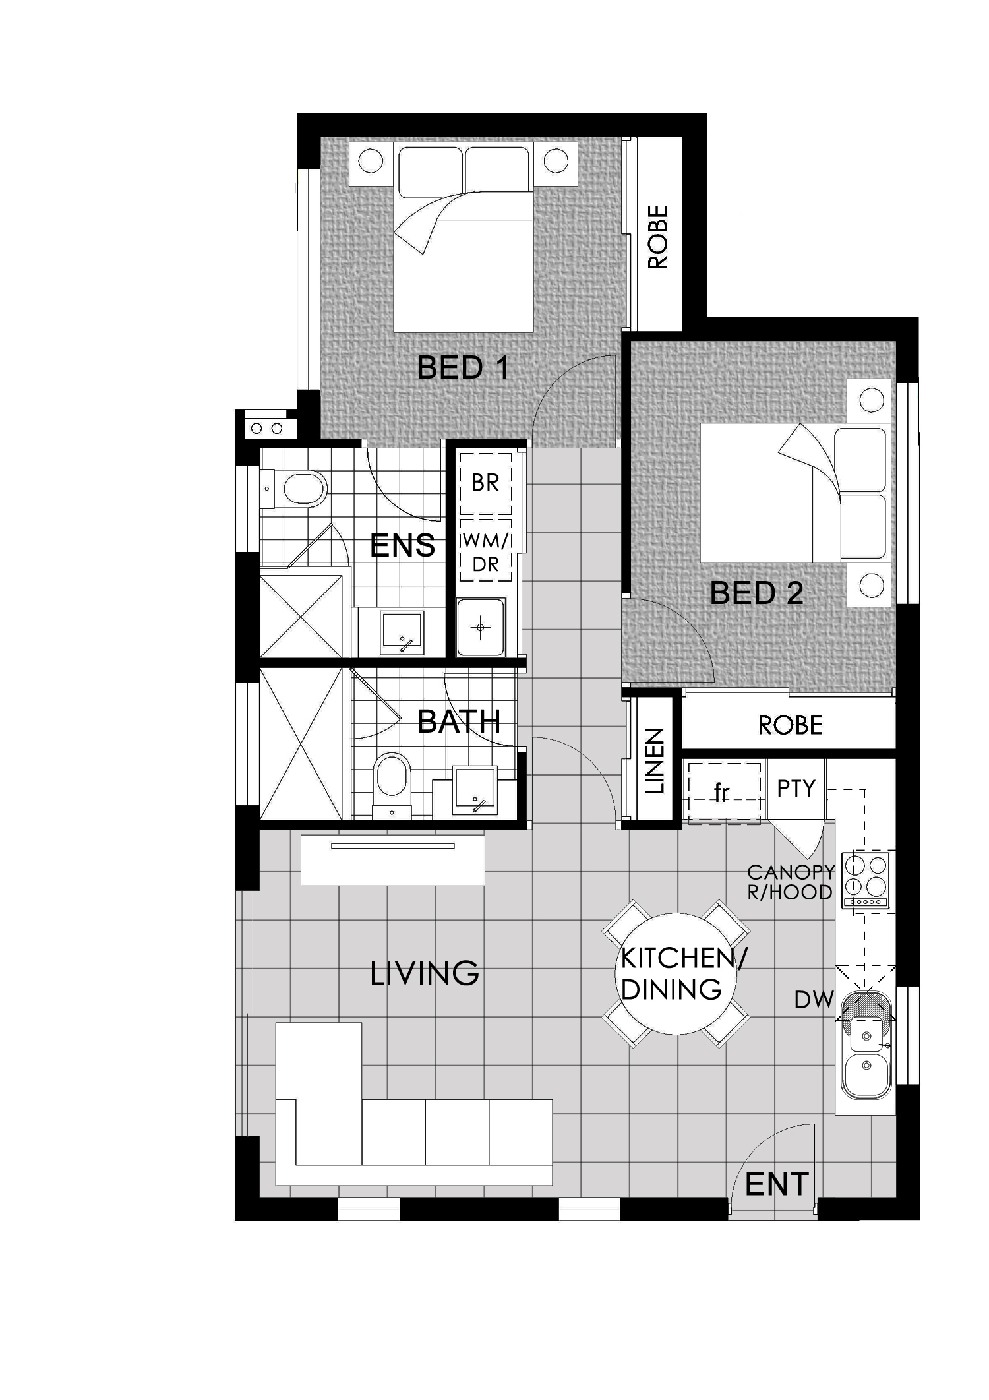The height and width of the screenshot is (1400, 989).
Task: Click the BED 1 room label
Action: click(x=464, y=367)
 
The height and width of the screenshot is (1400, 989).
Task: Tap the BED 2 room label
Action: click(x=756, y=593)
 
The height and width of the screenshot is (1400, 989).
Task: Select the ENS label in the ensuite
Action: click(x=402, y=546)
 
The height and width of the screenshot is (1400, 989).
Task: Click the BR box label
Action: click(x=485, y=483)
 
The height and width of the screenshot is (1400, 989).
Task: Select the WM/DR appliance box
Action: click(x=486, y=551)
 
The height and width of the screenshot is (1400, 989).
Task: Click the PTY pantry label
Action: click(x=796, y=789)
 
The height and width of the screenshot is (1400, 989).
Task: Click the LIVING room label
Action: click(x=425, y=973)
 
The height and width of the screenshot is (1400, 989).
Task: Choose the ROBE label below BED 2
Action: click(x=790, y=725)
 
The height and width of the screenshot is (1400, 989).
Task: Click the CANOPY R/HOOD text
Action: click(x=790, y=882)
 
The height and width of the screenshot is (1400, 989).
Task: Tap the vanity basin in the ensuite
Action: click(x=402, y=631)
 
